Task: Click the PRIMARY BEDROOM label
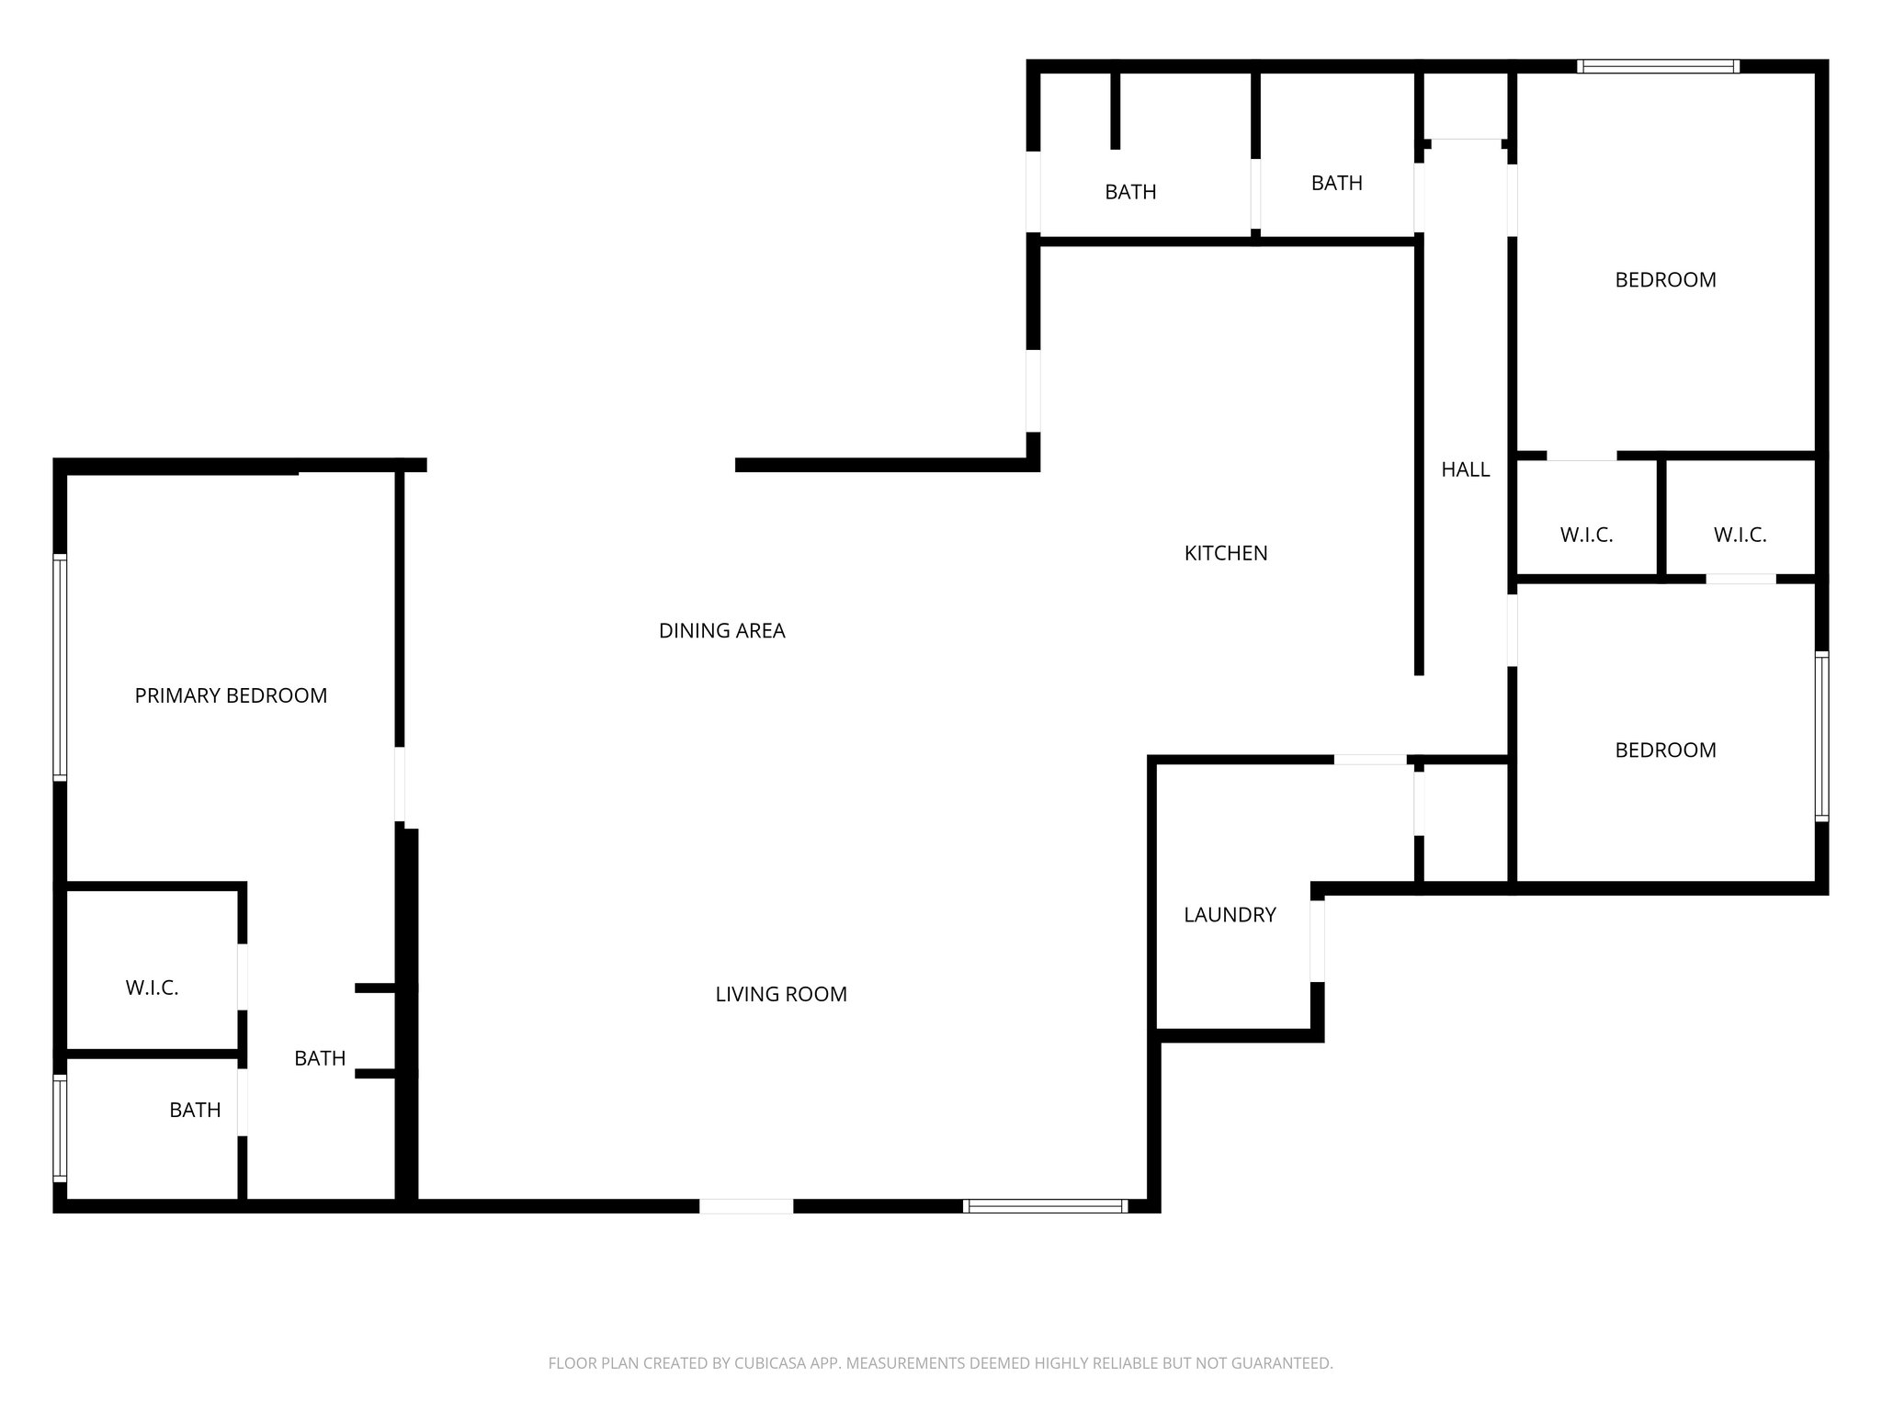point(231,695)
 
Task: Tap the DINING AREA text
point(721,630)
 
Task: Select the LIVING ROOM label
point(781,993)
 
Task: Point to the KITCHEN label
point(1225,552)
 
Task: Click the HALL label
point(1465,469)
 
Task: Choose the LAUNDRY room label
point(1230,914)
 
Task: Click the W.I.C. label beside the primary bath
point(152,988)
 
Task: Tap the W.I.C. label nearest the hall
point(1586,534)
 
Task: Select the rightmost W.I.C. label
point(1740,534)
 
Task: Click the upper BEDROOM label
point(1665,279)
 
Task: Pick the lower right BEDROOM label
point(1665,750)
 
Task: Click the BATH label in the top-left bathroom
point(1130,192)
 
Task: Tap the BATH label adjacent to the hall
point(1336,183)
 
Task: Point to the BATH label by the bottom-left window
point(195,1110)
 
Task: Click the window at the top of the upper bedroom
point(1658,66)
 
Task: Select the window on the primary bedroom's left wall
point(60,668)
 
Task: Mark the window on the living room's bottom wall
point(1045,1206)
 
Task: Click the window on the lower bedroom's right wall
point(1821,735)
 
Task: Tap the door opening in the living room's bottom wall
point(746,1206)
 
